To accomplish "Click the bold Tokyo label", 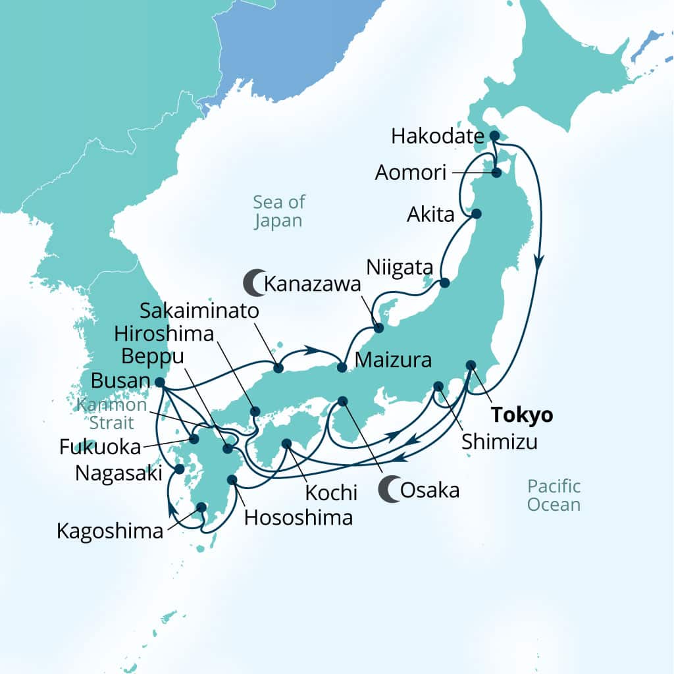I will click(523, 416).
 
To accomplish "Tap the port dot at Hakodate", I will click(494, 136).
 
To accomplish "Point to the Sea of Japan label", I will click(278, 211).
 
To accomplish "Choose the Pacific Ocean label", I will click(554, 496).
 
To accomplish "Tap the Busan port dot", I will click(159, 382).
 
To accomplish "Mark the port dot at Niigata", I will click(444, 283).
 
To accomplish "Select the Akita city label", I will click(431, 215).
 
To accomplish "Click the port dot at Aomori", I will click(496, 172).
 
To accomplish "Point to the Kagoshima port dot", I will click(201, 507).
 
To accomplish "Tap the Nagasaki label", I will click(118, 473).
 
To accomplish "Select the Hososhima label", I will click(298, 517).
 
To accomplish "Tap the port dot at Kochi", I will click(286, 444).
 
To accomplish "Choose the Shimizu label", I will click(499, 442).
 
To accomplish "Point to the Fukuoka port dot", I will click(194, 438).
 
